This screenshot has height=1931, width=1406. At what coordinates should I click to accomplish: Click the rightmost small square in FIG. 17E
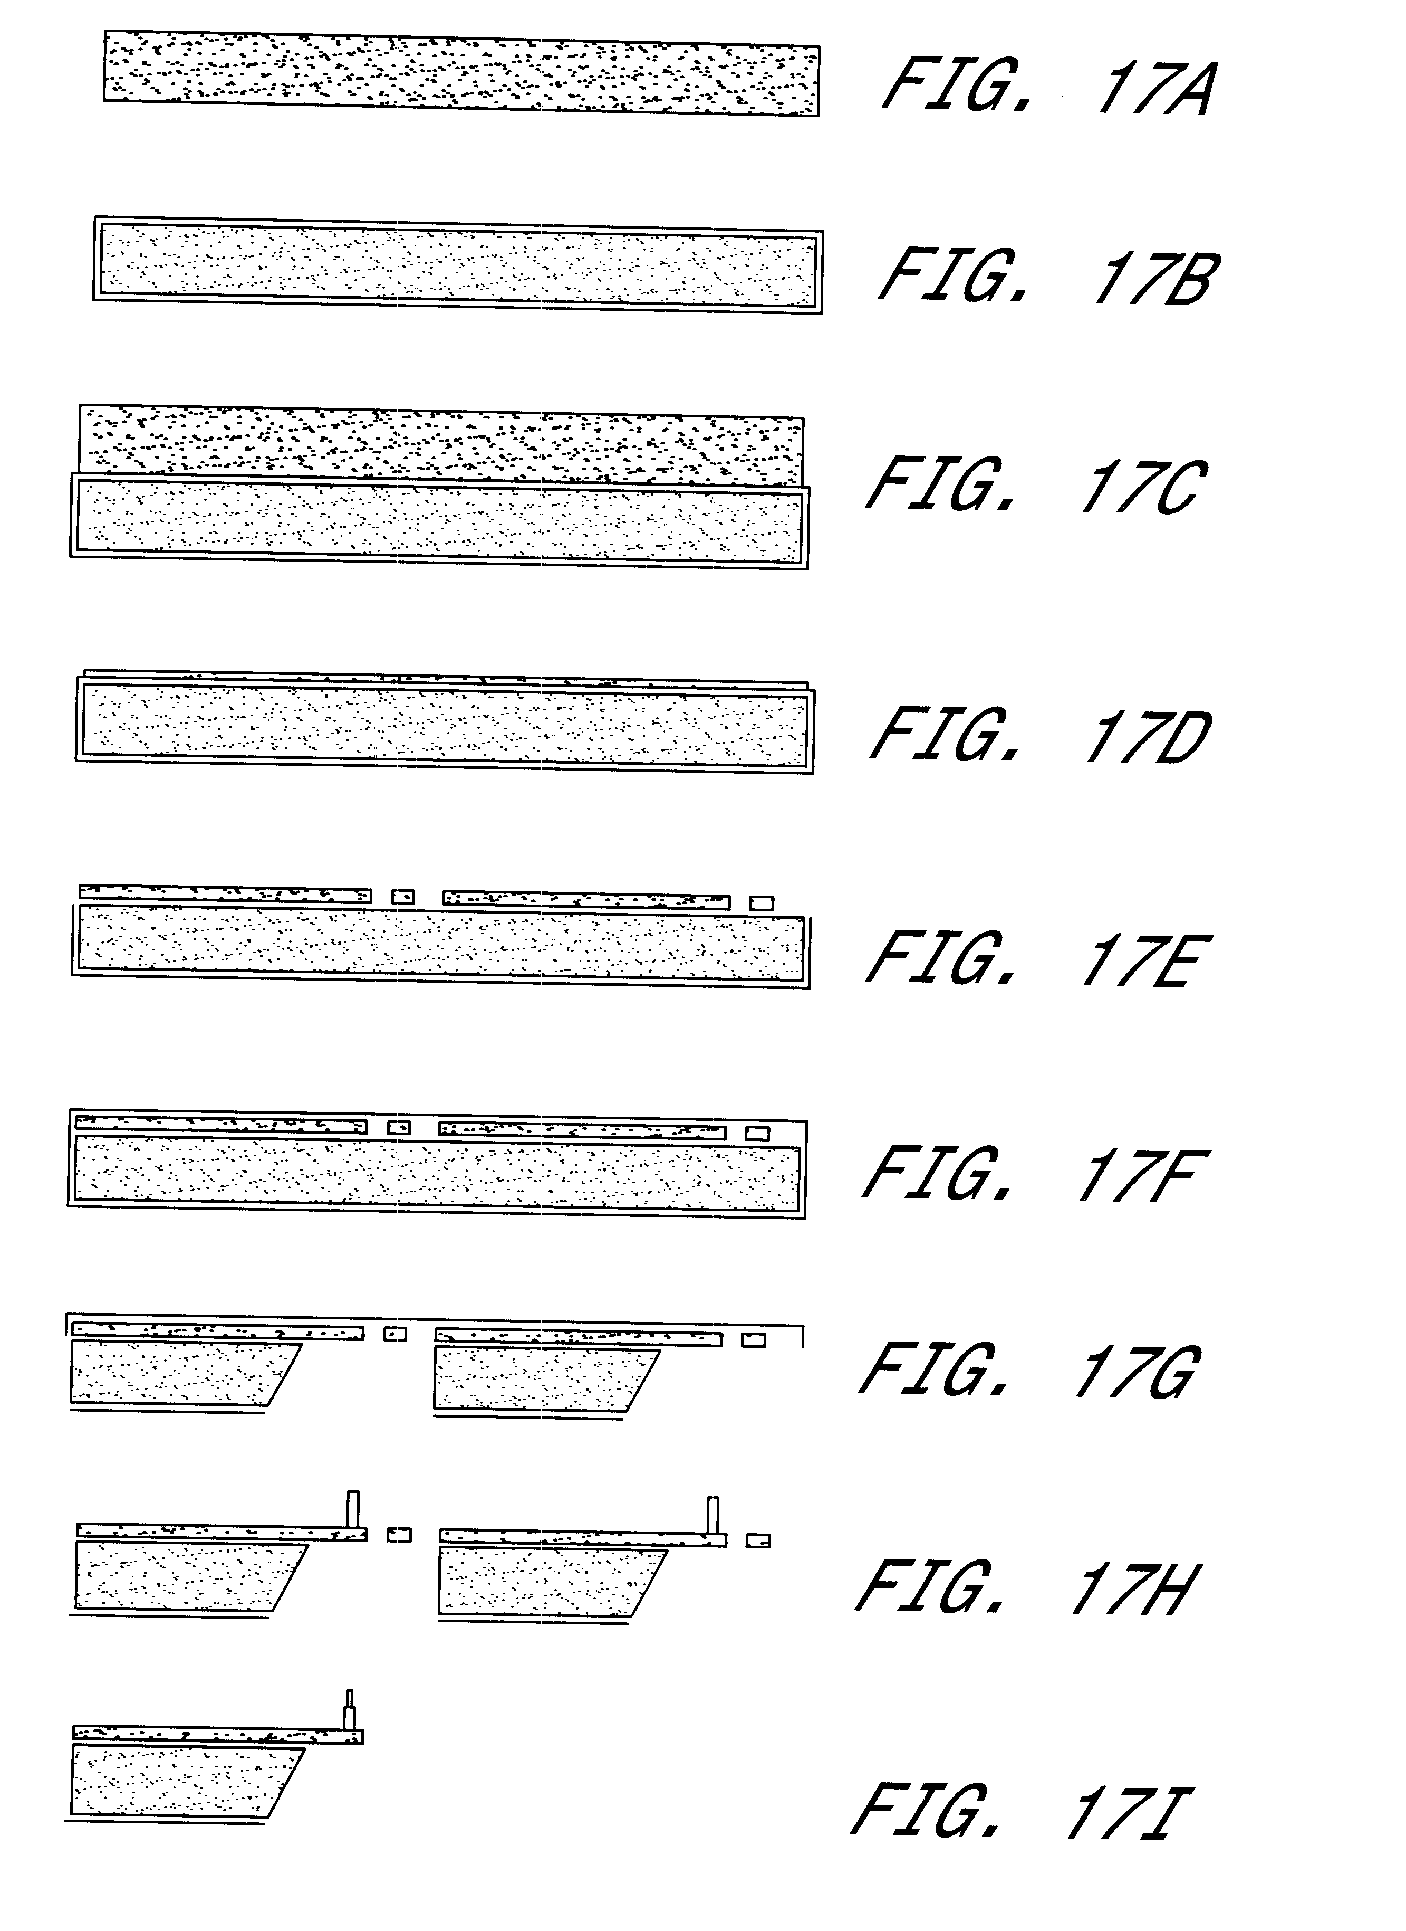pos(762,902)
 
